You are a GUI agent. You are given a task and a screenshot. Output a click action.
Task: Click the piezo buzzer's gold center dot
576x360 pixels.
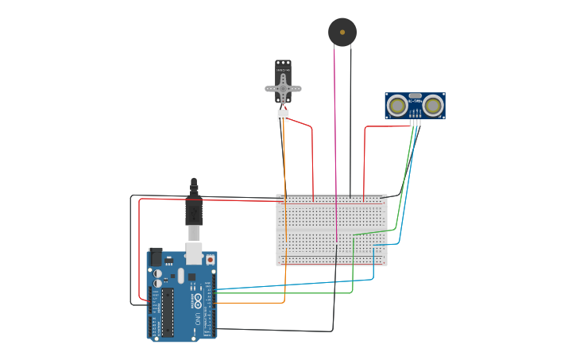(342, 33)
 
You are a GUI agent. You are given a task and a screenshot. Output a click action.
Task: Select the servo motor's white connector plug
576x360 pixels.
(283, 115)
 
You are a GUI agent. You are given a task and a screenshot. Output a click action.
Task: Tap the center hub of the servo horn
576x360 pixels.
(283, 89)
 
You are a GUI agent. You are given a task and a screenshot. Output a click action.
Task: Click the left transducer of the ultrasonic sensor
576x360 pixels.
(396, 105)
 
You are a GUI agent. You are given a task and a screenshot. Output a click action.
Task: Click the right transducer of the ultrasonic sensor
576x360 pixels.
(433, 105)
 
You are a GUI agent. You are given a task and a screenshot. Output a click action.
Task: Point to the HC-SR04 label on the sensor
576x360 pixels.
(415, 102)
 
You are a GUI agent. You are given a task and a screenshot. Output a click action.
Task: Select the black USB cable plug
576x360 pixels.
(194, 211)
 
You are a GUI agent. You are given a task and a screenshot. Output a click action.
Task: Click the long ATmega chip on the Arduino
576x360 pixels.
(168, 312)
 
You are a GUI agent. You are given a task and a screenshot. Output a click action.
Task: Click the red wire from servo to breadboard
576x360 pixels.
(312, 159)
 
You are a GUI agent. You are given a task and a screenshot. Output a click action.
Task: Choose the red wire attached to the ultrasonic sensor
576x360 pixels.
(365, 159)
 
